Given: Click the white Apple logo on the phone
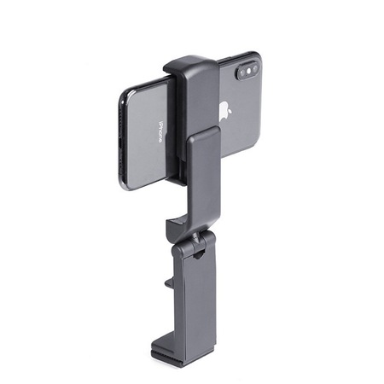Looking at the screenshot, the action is [224, 111].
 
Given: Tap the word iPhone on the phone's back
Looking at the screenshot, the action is [160, 132].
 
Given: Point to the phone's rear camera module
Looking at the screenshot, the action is [247, 72].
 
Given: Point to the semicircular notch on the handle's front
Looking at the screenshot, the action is [199, 254].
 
